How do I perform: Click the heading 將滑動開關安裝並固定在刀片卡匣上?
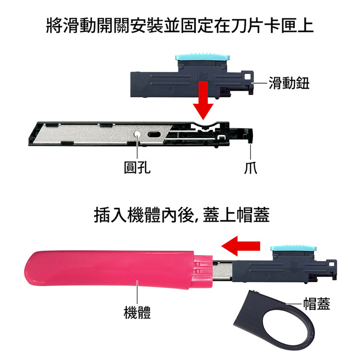coord(180,25)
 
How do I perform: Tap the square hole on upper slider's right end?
coord(248,77)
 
